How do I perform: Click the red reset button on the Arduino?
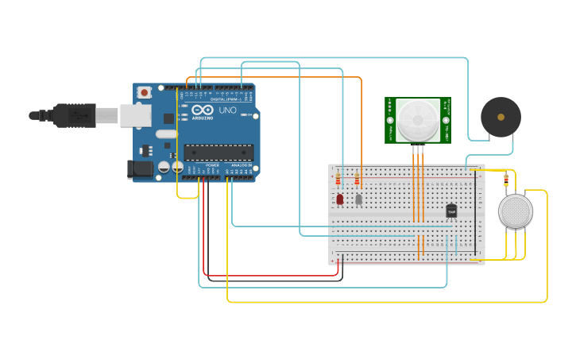click(x=144, y=92)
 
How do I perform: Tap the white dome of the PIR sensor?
click(x=417, y=120)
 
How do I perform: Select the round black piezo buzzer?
click(x=501, y=117)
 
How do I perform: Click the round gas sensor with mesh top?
click(x=515, y=211)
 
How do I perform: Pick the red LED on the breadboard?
click(x=339, y=199)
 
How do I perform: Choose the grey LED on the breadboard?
click(x=358, y=199)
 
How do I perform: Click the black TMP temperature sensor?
click(x=451, y=211)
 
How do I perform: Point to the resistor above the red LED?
click(x=338, y=180)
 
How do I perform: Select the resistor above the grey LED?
click(x=357, y=180)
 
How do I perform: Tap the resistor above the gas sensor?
click(x=506, y=181)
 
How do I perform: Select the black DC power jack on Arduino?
click(x=140, y=168)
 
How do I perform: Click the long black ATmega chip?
click(x=218, y=153)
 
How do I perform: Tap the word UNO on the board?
click(x=228, y=110)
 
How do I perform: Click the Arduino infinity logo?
click(x=203, y=110)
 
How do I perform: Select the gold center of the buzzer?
click(x=501, y=117)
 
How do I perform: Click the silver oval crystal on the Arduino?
click(x=167, y=134)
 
